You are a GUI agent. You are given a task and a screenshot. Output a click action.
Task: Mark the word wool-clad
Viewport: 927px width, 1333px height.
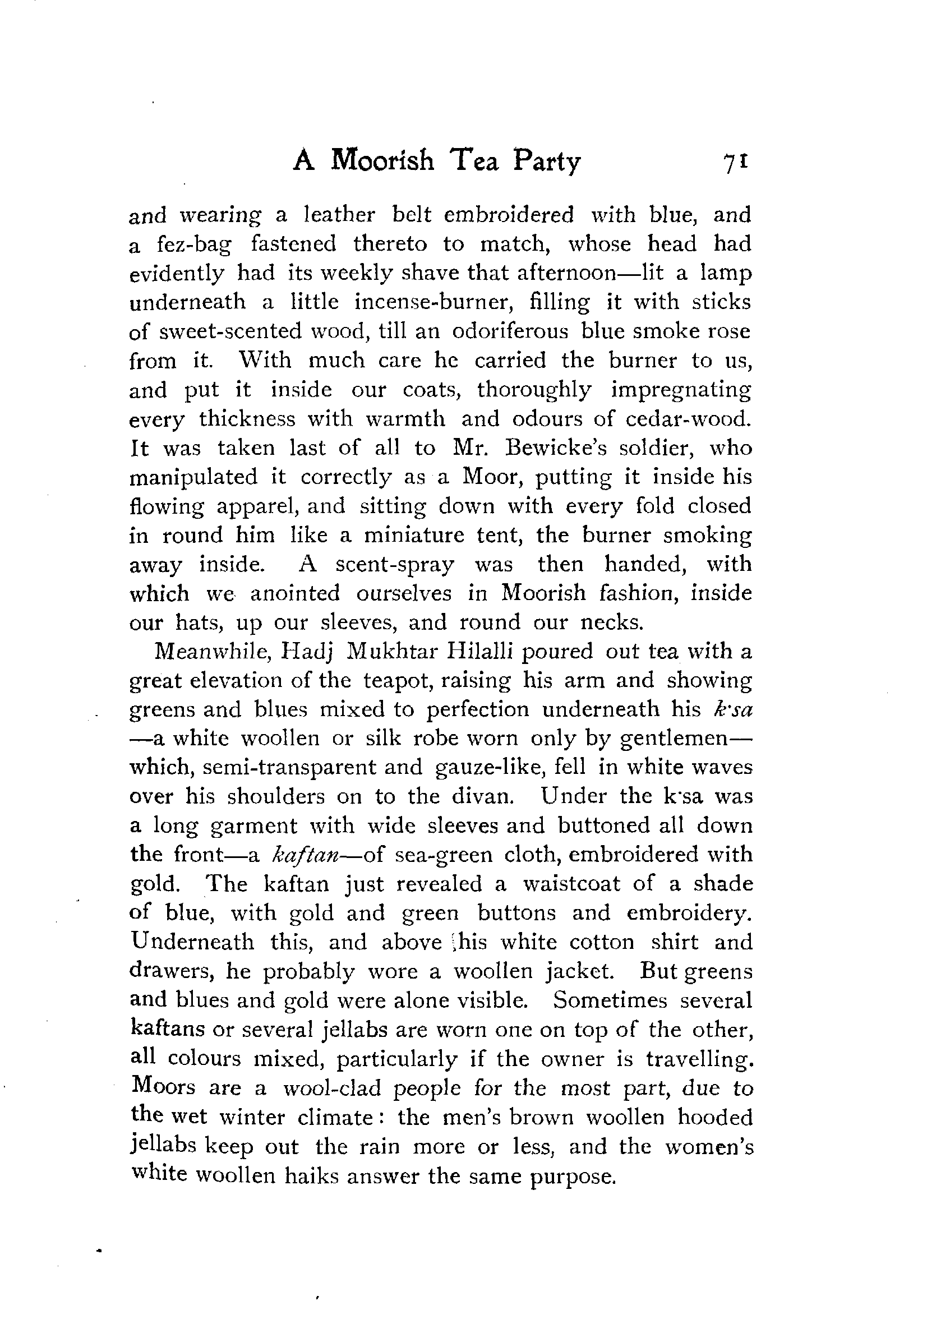point(331,1087)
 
